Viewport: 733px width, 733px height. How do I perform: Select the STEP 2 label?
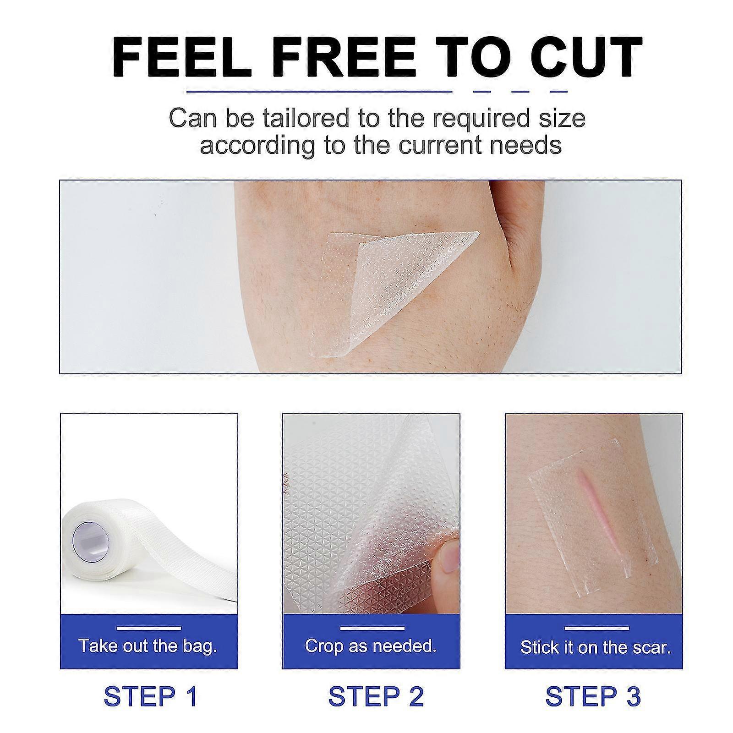pyautogui.click(x=376, y=697)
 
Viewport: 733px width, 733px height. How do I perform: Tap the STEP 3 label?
pyautogui.click(x=593, y=697)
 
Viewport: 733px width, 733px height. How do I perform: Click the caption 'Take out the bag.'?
pyautogui.click(x=148, y=646)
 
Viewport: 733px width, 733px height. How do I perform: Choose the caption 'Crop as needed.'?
pyautogui.click(x=371, y=646)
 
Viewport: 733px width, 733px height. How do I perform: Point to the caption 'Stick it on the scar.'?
pyautogui.click(x=595, y=647)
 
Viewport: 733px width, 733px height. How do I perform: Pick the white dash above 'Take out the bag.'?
pyautogui.click(x=148, y=628)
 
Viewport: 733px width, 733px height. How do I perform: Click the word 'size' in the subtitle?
pyautogui.click(x=566, y=118)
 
